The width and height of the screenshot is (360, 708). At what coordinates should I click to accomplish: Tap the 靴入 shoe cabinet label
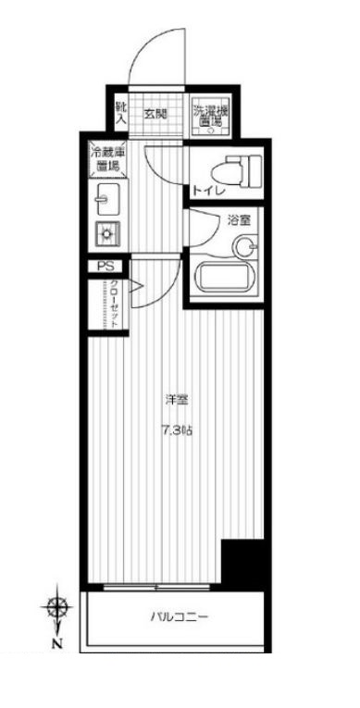click(x=120, y=114)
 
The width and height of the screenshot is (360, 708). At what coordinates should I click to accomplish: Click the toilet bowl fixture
click(x=226, y=170)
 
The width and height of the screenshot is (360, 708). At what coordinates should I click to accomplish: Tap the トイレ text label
click(x=206, y=193)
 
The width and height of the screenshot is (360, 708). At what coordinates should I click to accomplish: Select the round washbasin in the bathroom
click(x=244, y=246)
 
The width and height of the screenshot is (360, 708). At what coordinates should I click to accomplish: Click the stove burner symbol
click(x=106, y=232)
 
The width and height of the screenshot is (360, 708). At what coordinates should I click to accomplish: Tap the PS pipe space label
click(x=105, y=267)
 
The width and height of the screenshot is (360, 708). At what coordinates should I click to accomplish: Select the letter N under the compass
click(x=58, y=643)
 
